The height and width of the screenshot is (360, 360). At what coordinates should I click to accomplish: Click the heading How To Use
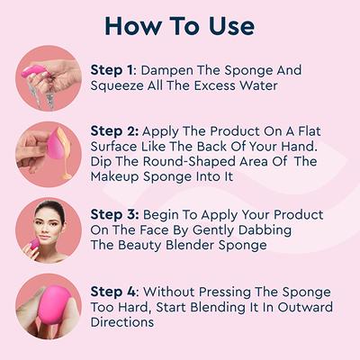point(180,24)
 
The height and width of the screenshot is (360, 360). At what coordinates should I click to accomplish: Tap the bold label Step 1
point(112,69)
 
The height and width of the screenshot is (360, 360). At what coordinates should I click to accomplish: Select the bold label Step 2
point(112,130)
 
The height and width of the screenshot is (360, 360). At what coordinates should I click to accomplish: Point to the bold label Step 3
point(112,214)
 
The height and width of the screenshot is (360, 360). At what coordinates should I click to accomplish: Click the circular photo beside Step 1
point(48,78)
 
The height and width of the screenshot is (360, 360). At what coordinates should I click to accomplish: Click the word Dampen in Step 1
point(167,69)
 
